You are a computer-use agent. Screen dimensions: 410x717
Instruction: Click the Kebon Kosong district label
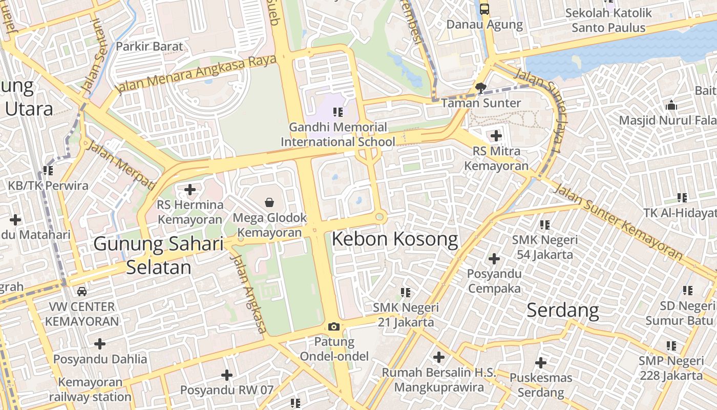coord(395,239)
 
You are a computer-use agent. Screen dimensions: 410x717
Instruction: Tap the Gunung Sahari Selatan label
coord(159,255)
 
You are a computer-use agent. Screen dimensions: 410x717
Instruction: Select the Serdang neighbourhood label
coord(562,310)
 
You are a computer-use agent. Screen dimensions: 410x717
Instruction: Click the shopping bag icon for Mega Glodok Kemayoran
coord(269,202)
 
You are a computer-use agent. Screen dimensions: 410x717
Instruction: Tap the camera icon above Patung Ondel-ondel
coord(333,326)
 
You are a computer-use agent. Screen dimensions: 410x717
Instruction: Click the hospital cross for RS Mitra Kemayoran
coord(496,136)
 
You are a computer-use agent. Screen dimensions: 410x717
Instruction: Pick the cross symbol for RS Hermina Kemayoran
coord(190,190)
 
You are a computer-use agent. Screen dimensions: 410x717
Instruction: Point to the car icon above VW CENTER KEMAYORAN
coord(81,292)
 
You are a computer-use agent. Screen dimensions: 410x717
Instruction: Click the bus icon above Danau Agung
coord(484,9)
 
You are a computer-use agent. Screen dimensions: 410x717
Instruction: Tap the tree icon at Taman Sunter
coord(480,88)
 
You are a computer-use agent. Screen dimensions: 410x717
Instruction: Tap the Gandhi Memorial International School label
coord(338,134)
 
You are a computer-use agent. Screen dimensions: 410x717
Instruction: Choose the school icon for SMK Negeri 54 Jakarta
coord(545,224)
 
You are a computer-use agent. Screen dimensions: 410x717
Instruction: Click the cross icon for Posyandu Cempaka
coord(494,259)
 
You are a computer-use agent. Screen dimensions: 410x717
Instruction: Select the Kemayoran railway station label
coord(90,389)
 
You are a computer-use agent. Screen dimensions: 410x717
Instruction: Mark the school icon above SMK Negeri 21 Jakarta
coord(406,293)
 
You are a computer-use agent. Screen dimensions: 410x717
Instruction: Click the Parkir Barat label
coord(149,47)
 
